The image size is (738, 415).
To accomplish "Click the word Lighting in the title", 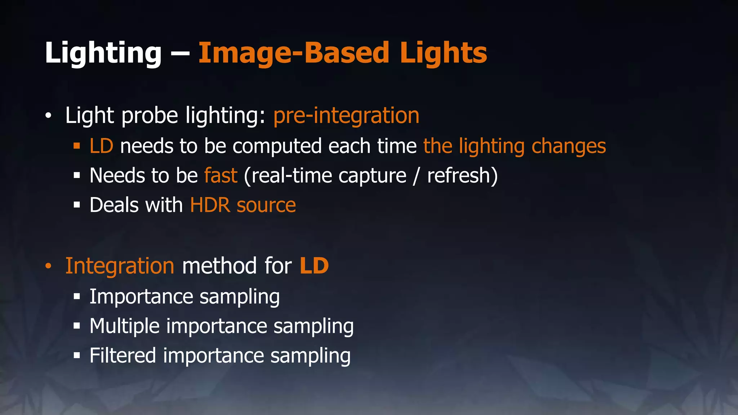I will [x=103, y=53].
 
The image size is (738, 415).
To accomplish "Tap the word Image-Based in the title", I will [x=294, y=53].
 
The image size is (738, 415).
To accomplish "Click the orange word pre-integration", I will [x=346, y=116].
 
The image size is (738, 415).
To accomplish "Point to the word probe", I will [x=150, y=116].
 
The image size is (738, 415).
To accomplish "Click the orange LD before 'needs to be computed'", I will [x=101, y=146].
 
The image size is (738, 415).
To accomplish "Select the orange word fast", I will [x=221, y=175].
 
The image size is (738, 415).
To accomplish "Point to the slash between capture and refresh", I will [x=417, y=176].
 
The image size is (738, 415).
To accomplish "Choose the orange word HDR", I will [x=210, y=205].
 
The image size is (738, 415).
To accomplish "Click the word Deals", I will [x=114, y=205].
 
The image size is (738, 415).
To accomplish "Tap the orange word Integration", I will [x=120, y=266].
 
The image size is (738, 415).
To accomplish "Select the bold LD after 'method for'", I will [x=314, y=266].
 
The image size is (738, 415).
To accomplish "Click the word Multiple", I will [x=124, y=326].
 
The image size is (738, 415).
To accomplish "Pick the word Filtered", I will [x=123, y=356].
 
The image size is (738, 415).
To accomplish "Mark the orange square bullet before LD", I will [x=76, y=146].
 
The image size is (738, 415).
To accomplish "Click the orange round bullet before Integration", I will [x=48, y=266].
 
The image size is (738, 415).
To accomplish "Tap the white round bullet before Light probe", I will [x=48, y=116].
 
